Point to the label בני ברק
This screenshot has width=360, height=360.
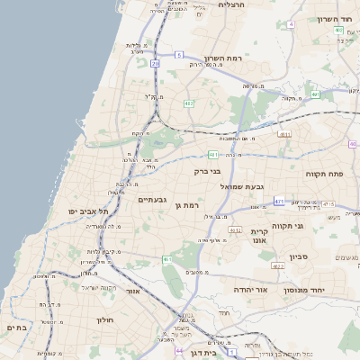pyautogui.click(x=207, y=170)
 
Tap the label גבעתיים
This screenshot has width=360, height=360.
pyautogui.click(x=149, y=200)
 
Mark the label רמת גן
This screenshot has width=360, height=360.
pyautogui.click(x=186, y=205)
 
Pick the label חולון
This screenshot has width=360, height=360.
pyautogui.click(x=104, y=319)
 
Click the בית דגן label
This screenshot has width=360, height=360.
pyautogui.click(x=198, y=353)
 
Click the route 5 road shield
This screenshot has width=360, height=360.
pyautogui.click(x=179, y=56)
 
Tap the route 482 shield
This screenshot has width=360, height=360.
pyautogui.click(x=189, y=104)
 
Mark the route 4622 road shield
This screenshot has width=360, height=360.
pyautogui.click(x=277, y=266)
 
